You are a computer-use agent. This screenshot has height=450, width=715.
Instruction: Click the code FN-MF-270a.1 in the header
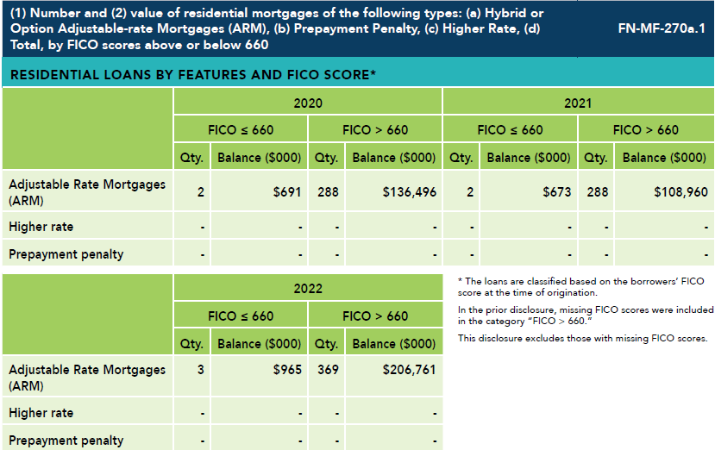[x=662, y=27]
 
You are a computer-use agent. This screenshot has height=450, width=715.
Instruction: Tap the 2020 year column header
[x=308, y=103]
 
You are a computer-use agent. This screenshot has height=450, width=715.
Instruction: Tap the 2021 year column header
[x=578, y=103]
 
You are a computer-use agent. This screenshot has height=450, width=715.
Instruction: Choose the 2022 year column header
[x=308, y=289]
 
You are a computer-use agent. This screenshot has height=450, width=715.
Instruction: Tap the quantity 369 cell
[x=326, y=378]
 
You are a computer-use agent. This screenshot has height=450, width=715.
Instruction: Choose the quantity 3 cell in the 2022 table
[x=200, y=378]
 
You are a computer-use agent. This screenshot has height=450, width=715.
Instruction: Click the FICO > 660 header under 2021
[x=645, y=130]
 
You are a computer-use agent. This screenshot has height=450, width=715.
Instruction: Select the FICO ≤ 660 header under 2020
[x=241, y=130]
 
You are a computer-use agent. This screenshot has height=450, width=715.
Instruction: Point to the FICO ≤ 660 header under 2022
[x=241, y=316]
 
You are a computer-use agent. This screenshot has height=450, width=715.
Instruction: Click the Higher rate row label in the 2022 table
[x=41, y=413]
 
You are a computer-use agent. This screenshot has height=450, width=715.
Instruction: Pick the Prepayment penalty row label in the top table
[x=66, y=254]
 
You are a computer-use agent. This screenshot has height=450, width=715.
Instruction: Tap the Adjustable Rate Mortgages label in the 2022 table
[x=86, y=378]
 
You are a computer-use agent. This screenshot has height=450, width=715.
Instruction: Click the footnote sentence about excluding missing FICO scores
[x=582, y=338]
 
